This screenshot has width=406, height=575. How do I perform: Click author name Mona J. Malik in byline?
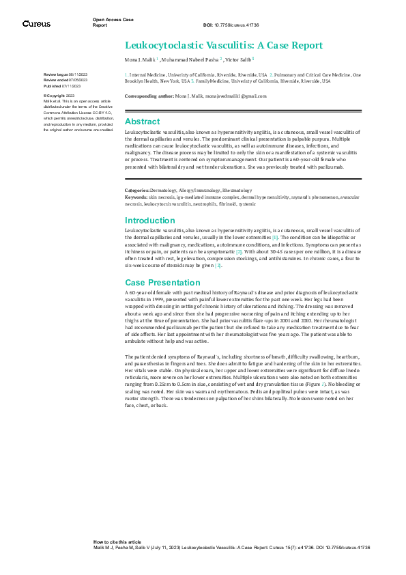coord(140,59)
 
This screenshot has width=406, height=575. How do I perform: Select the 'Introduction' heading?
coord(149,221)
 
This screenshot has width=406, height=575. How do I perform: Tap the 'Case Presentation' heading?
coord(159,283)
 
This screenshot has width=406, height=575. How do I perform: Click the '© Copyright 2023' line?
coord(61,96)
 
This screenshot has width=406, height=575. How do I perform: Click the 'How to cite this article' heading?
coord(117,542)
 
